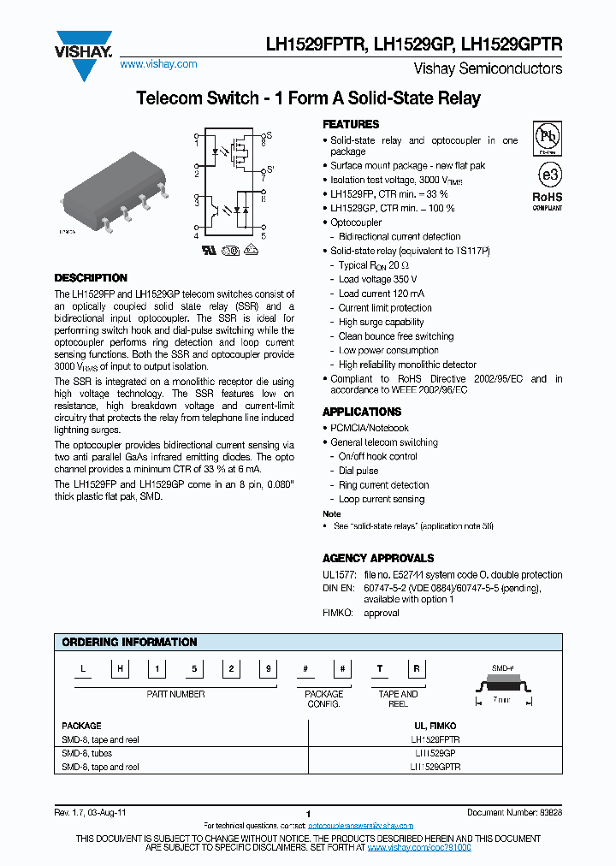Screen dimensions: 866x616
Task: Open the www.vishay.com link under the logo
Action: (158, 64)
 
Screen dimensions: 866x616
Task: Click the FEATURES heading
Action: (351, 124)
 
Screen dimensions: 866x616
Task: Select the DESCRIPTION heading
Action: (91, 278)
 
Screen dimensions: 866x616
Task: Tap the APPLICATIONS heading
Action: (362, 412)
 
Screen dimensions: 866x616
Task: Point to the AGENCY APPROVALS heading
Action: (378, 558)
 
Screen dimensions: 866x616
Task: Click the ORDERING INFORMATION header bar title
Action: (130, 642)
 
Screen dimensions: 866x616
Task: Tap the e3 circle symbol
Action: (548, 174)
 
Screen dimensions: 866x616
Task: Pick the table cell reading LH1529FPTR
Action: (435, 738)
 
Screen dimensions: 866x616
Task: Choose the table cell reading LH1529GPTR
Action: (435, 768)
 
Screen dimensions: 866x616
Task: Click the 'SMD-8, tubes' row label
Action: (87, 753)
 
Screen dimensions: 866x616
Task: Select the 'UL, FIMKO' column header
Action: (435, 725)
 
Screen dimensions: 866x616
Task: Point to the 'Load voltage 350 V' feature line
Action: (377, 279)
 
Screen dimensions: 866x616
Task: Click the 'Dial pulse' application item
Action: (358, 471)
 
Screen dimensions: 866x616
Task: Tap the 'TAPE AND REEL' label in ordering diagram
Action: (398, 698)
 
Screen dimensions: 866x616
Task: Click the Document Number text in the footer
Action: (514, 811)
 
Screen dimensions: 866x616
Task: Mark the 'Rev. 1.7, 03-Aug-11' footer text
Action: (92, 811)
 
